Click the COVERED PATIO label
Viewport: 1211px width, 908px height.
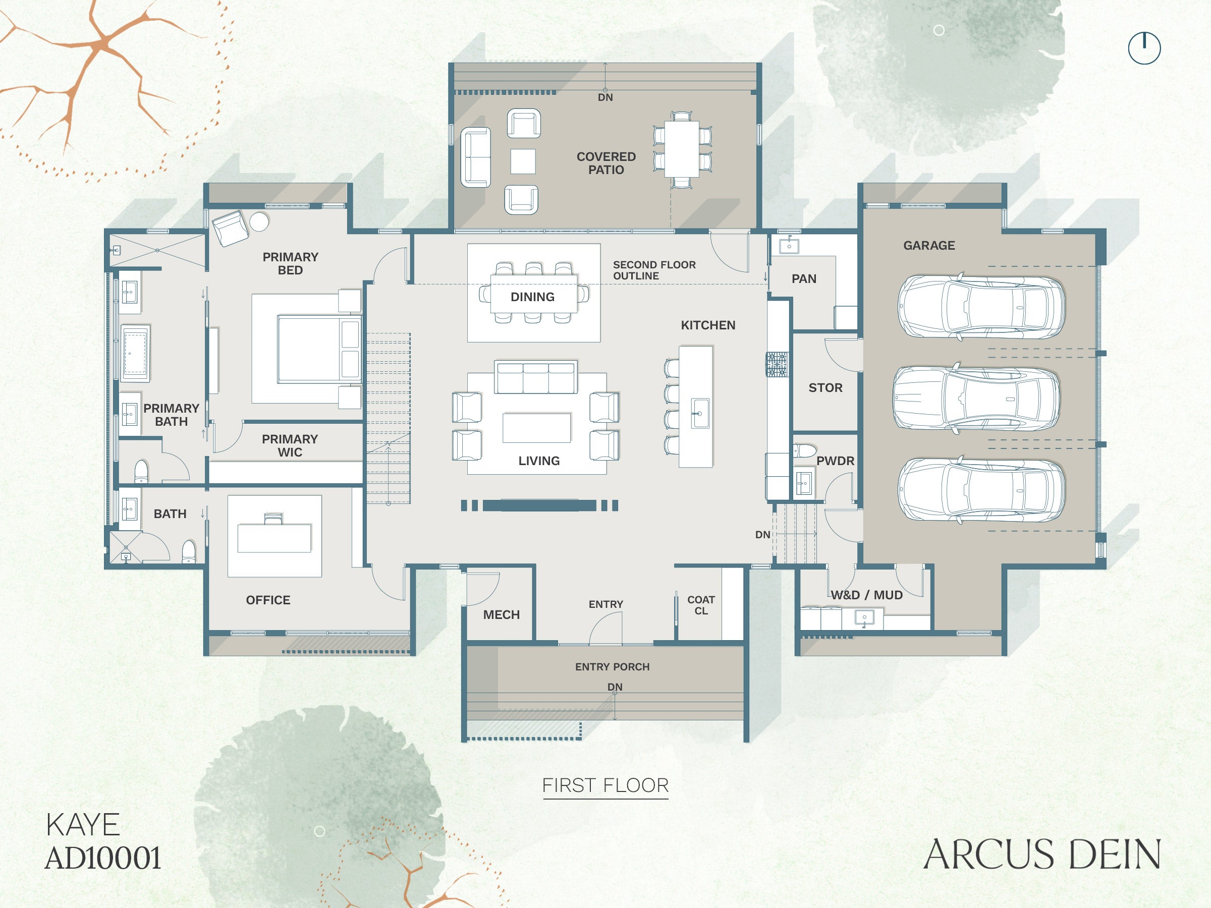pos(606,163)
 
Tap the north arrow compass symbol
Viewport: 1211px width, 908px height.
pos(1144,48)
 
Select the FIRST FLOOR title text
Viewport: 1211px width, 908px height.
pos(606,785)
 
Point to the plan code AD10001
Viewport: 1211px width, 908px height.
pos(103,858)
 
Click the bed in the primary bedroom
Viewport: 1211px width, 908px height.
pos(319,349)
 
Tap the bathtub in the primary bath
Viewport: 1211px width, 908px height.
pos(135,353)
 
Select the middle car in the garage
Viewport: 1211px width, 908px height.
pos(976,398)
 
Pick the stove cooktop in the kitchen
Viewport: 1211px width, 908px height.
pos(777,365)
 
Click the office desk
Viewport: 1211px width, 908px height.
pos(274,538)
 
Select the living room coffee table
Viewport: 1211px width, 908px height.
pos(536,427)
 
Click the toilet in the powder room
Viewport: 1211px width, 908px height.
pos(804,451)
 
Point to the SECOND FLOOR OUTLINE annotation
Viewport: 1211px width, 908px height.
pos(654,270)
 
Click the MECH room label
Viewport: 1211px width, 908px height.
pos(502,614)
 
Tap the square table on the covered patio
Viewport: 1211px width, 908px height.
pos(523,161)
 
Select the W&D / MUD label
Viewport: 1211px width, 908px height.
pos(867,595)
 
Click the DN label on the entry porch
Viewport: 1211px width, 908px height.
pos(615,687)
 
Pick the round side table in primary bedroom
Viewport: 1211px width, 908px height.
pos(259,221)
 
